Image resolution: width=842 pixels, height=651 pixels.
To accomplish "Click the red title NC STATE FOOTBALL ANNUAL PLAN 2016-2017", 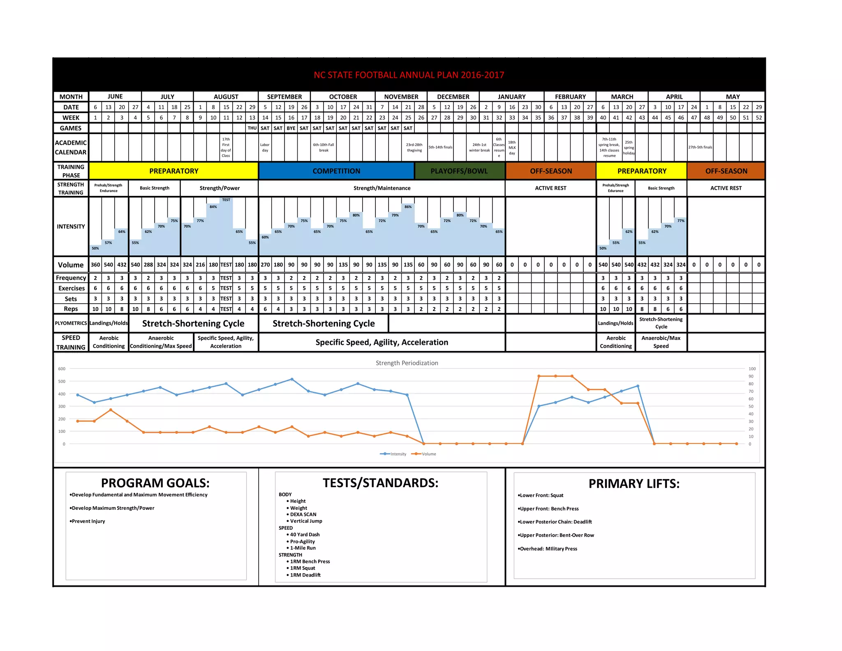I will pos(409,75).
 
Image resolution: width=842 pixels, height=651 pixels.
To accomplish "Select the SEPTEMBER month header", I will pos(284,97).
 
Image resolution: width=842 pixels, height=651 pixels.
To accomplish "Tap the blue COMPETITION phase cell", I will pos(336,171).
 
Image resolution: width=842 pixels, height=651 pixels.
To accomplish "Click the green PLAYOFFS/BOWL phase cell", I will pos(459,171).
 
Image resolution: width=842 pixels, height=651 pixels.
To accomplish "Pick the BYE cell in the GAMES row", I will pos(291,128).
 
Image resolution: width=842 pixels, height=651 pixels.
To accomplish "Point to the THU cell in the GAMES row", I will pos(252,128).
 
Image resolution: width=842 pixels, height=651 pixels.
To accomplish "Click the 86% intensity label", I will pos(408,207).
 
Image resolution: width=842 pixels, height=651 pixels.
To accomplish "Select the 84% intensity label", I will pos(213,207).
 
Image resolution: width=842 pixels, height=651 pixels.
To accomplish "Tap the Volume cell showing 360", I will pos(95,265).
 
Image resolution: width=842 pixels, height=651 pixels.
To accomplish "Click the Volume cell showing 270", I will pos(265,265).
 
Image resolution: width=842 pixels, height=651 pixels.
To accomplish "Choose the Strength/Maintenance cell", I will pos(382,188).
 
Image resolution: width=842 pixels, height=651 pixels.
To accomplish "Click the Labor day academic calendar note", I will pos(265,147).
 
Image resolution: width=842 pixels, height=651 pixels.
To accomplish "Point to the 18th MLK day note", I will pos(512,147).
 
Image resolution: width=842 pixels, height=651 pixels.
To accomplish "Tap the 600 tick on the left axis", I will pos(62,369).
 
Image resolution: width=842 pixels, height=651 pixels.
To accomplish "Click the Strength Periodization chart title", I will pos(407,363).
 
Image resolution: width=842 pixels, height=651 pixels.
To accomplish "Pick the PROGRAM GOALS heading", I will pos(155,483).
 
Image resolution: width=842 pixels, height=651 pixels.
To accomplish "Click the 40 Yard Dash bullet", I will pos(305,535).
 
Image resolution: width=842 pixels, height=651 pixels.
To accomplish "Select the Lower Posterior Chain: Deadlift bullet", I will pos(555,522).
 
